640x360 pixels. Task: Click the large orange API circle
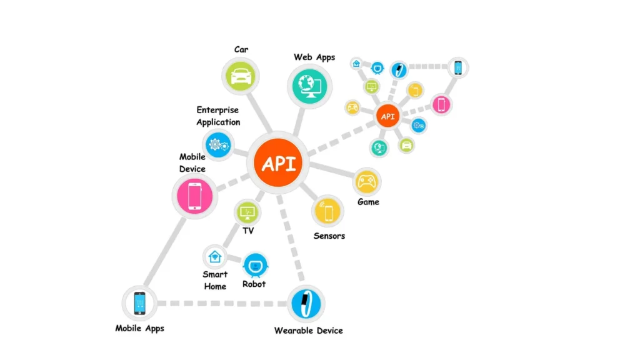278,163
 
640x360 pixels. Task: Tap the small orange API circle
387,117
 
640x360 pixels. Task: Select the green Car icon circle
241,76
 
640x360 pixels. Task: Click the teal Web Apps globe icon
310,84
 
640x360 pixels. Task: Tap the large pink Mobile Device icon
194,196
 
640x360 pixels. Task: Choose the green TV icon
247,212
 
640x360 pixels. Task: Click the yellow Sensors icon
327,211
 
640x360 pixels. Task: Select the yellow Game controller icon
366,182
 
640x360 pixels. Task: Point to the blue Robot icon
255,265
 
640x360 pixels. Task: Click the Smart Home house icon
214,256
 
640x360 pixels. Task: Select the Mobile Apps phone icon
139,303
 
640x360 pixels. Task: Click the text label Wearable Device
308,330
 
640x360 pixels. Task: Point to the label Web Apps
314,57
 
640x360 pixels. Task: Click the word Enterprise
217,111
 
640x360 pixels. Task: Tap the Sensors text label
329,236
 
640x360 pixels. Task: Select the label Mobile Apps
139,328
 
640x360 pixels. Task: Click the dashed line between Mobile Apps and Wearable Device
222,303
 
